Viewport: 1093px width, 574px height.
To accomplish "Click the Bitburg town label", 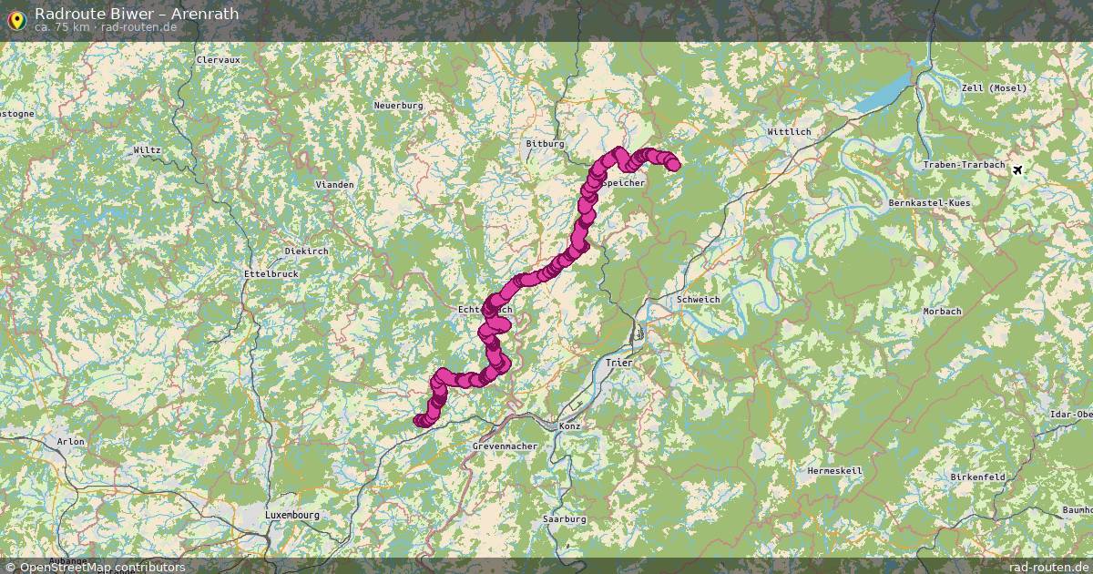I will tap(546, 144).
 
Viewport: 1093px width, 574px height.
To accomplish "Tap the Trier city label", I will tap(618, 363).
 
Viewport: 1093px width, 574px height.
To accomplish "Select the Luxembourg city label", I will tap(291, 515).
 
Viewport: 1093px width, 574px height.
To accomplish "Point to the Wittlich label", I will tap(789, 132).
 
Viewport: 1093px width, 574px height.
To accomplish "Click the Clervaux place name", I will tap(218, 60).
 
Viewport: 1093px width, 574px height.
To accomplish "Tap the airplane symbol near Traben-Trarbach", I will tap(1017, 169).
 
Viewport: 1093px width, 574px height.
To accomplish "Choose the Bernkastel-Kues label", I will tap(928, 202).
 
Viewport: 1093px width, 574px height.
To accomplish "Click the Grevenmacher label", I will tap(505, 446).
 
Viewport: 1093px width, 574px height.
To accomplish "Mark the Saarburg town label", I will tap(564, 518).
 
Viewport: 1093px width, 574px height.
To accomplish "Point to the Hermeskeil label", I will tap(834, 471).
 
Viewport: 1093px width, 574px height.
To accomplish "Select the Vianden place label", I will tap(334, 184).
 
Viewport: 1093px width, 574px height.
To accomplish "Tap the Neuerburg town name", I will tap(399, 106).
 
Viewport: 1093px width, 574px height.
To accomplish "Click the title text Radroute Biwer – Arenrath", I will tap(137, 14).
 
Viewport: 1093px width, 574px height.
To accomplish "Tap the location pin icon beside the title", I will tap(15, 17).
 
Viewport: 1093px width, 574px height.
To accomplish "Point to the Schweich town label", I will tap(699, 300).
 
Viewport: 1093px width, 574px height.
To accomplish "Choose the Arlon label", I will tap(70, 442).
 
